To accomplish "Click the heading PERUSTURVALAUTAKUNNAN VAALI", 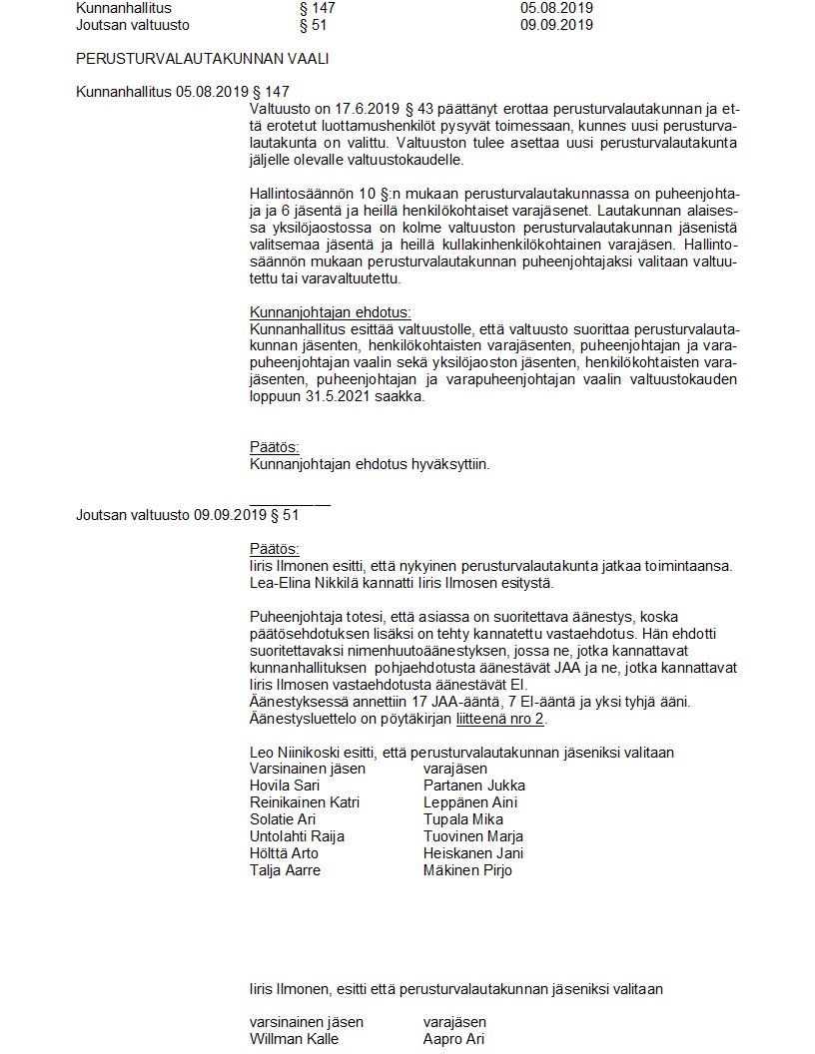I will click(203, 59).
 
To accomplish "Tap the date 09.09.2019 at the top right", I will click(556, 25).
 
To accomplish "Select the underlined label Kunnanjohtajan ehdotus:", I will click(330, 311).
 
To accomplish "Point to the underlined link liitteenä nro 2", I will click(499, 719).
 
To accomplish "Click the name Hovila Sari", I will click(286, 786).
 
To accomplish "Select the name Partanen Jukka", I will click(473, 786).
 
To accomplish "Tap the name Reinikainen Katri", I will click(304, 802).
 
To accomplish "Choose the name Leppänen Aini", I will click(467, 802).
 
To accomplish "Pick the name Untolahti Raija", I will click(300, 836).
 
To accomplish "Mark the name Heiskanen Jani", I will click(473, 853).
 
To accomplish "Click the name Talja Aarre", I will click(285, 870).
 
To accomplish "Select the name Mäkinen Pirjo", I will click(467, 870).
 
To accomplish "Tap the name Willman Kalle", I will click(294, 1039).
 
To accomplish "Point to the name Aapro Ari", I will click(453, 1039).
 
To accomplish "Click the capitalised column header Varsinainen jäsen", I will click(307, 769).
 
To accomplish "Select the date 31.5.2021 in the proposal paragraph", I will click(338, 396).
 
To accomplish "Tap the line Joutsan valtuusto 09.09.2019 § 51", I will click(188, 515).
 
